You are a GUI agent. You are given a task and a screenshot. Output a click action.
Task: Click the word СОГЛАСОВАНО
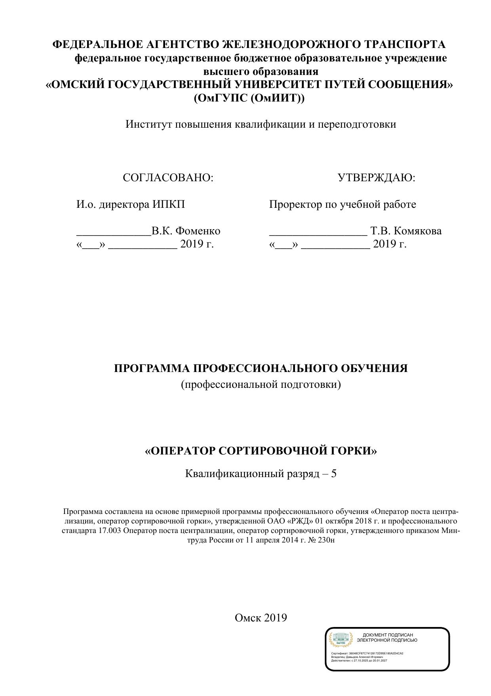click(168, 178)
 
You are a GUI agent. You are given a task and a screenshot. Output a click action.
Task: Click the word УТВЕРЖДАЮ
click(376, 178)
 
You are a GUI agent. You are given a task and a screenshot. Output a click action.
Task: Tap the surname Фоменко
click(198, 231)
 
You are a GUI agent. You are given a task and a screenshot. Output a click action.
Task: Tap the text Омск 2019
click(261, 617)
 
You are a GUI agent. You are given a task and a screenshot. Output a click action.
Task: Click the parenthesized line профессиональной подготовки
click(261, 384)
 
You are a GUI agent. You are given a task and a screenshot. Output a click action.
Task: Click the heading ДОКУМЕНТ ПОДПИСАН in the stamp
click(388, 635)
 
